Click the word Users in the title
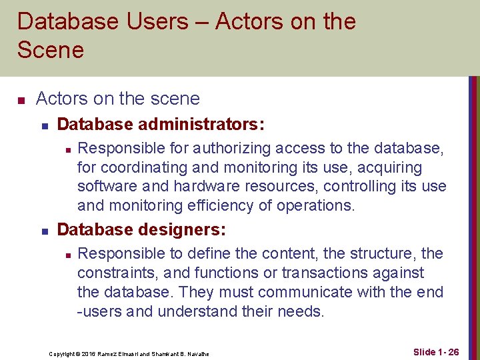pyautogui.click(x=151, y=21)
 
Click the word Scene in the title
pyautogui.click(x=51, y=50)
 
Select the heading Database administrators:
pyautogui.click(x=161, y=125)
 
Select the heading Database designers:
pyautogui.click(x=141, y=230)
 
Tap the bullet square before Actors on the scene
pyautogui.click(x=21, y=100)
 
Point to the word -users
pyautogui.click(x=101, y=311)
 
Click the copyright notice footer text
pyautogui.click(x=129, y=353)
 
